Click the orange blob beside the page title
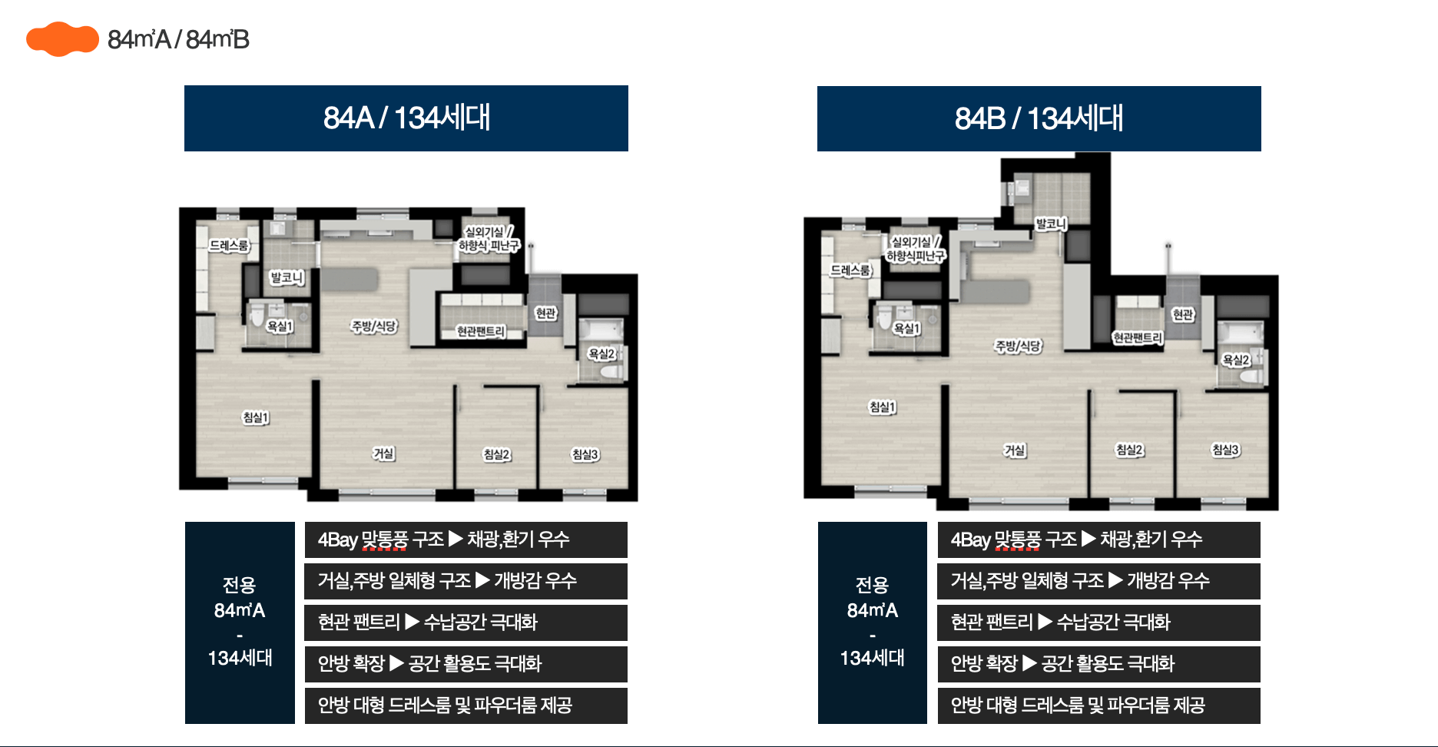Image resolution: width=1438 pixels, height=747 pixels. tap(62, 39)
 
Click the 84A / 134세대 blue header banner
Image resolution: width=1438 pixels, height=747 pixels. tap(406, 118)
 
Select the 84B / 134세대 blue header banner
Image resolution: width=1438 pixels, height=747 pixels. tap(1039, 118)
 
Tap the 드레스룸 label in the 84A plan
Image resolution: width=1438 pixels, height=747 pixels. tap(229, 246)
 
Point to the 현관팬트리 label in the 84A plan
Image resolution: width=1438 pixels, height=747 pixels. tap(481, 331)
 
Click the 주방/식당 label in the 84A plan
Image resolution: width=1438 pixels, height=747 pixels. tap(374, 327)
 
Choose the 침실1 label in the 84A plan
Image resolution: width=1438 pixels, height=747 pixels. tap(256, 417)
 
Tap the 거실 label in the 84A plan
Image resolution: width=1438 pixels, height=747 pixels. tap(383, 453)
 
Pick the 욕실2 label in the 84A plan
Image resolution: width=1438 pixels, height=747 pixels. tap(601, 354)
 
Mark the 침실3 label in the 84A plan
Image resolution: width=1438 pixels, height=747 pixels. tap(585, 454)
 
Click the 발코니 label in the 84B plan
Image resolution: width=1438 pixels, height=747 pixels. tap(1051, 224)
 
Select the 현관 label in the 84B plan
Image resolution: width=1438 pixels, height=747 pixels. tap(1183, 314)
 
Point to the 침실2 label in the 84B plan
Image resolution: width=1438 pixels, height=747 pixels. tap(1130, 450)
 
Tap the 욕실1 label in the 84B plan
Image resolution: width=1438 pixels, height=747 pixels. tap(906, 328)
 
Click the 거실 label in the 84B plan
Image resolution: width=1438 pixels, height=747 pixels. tap(1015, 450)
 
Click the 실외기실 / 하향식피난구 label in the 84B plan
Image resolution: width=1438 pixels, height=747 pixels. tap(916, 249)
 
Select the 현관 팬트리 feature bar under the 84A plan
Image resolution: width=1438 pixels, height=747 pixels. tap(466, 622)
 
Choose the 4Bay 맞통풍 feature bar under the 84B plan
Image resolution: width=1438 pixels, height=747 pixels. tap(1099, 539)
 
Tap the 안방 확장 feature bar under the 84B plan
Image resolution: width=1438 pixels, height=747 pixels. tap(1099, 664)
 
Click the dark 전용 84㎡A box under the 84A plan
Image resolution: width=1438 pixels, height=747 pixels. tap(240, 622)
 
